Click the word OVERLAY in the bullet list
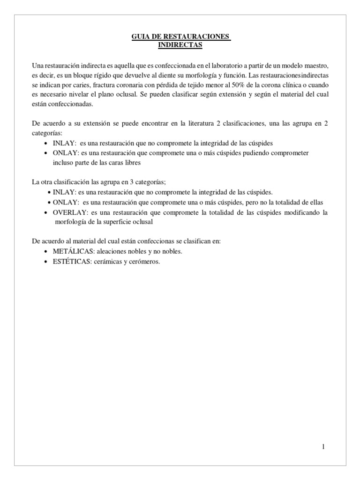[70, 212]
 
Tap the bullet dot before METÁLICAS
[45, 252]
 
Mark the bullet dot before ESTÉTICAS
[45, 262]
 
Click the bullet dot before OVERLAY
[45, 213]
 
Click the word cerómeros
[145, 262]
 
